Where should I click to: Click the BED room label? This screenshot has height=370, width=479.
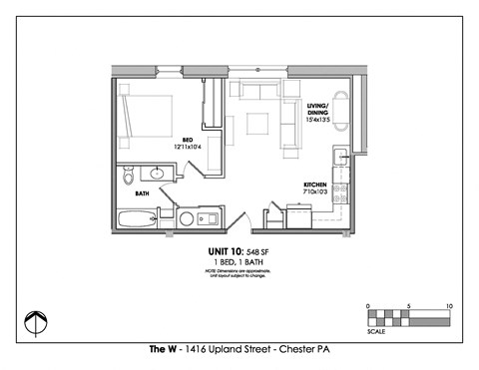(x=187, y=139)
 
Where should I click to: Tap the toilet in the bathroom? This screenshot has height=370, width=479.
(x=127, y=178)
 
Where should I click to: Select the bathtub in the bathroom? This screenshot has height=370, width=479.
(x=135, y=219)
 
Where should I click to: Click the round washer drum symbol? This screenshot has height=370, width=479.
(x=186, y=219)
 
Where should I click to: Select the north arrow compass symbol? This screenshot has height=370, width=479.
(x=37, y=322)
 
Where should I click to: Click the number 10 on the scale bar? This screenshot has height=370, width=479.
(x=449, y=305)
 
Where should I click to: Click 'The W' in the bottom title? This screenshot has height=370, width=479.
(x=162, y=351)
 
